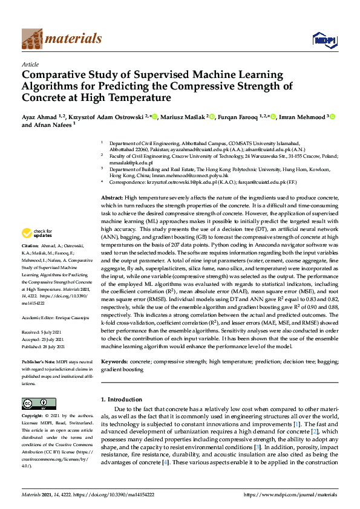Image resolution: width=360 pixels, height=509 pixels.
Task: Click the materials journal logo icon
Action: pyautogui.click(x=32, y=39)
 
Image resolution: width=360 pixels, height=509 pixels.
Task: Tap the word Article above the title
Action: pyautogui.click(x=30, y=64)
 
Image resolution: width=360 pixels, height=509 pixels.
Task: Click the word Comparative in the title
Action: pyautogui.click(x=51, y=76)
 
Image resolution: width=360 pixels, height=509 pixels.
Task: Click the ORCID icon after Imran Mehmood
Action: pyautogui.click(x=332, y=117)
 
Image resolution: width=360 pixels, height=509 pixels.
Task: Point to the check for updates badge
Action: pyautogui.click(x=36, y=233)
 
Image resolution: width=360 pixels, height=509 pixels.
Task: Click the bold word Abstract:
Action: pyautogui.click(x=112, y=181)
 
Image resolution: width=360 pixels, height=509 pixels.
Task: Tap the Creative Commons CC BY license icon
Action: pyautogui.click(x=39, y=404)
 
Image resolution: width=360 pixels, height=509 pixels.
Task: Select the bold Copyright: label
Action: pyautogui.click(x=34, y=417)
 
